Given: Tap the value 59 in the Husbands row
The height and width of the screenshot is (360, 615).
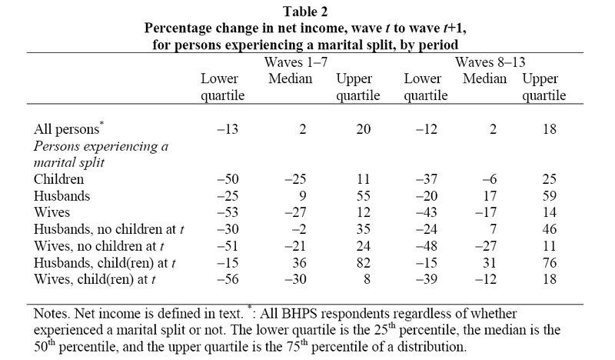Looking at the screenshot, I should (547, 195).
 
